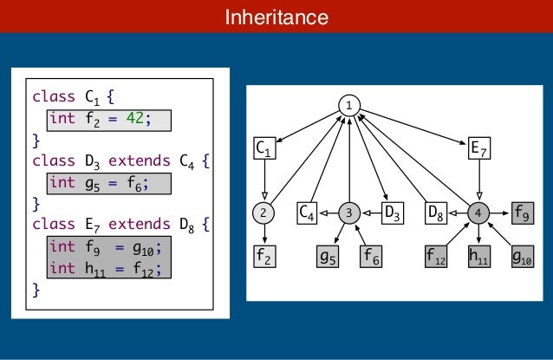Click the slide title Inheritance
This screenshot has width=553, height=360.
point(276,17)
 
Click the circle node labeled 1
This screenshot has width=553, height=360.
point(348,105)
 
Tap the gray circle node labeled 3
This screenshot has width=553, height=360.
point(348,212)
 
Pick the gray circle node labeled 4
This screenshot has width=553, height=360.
point(478,212)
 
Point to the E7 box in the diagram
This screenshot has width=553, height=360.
point(478,149)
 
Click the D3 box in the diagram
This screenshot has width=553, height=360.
point(392,212)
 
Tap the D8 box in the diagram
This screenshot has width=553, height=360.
point(436,212)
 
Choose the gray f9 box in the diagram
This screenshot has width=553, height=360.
point(523,212)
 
